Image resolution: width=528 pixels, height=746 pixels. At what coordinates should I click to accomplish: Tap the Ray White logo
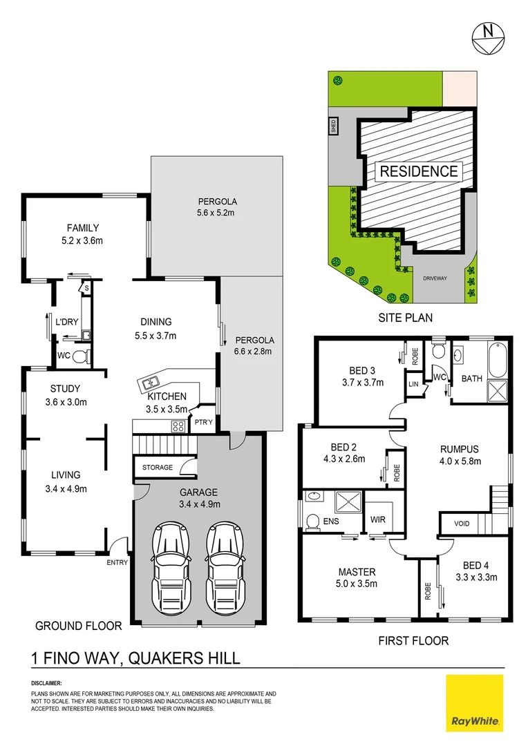click(475, 702)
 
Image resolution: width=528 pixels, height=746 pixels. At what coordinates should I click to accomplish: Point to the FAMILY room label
click(83, 228)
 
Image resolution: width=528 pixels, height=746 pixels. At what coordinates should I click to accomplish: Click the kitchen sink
click(150, 381)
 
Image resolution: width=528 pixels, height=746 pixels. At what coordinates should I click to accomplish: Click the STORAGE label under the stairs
click(158, 468)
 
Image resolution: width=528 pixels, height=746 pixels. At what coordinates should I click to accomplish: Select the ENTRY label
click(117, 562)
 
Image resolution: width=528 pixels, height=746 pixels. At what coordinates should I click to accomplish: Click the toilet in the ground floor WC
click(79, 356)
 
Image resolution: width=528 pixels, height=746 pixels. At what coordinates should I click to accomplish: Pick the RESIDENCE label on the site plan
click(418, 171)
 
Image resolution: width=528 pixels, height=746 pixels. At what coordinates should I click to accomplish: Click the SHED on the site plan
click(333, 126)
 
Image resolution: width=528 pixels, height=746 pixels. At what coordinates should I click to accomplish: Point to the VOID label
click(462, 524)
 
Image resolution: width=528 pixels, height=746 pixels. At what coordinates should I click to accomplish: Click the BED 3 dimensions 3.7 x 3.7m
click(362, 382)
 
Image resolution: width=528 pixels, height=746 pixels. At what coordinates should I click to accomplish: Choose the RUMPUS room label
click(460, 448)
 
